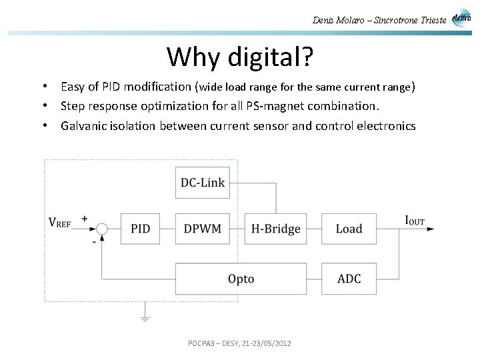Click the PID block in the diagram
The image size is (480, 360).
click(x=141, y=229)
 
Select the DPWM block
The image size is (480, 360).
click(x=202, y=229)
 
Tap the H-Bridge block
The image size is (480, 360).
click(x=275, y=229)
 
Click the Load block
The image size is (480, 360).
click(x=349, y=229)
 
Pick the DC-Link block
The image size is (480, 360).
click(x=202, y=182)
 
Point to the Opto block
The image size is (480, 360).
click(x=241, y=278)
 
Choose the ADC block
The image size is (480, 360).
click(x=349, y=278)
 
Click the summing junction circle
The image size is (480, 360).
click(x=101, y=229)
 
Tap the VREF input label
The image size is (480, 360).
click(x=59, y=223)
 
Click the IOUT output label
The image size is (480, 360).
click(x=414, y=220)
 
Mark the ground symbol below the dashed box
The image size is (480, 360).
click(x=145, y=317)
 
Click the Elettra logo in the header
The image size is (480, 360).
click(x=461, y=18)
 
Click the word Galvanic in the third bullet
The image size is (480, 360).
click(x=82, y=125)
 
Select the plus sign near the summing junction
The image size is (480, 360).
click(x=85, y=218)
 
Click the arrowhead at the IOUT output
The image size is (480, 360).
click(x=431, y=229)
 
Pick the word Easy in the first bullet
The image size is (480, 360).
click(x=73, y=87)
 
